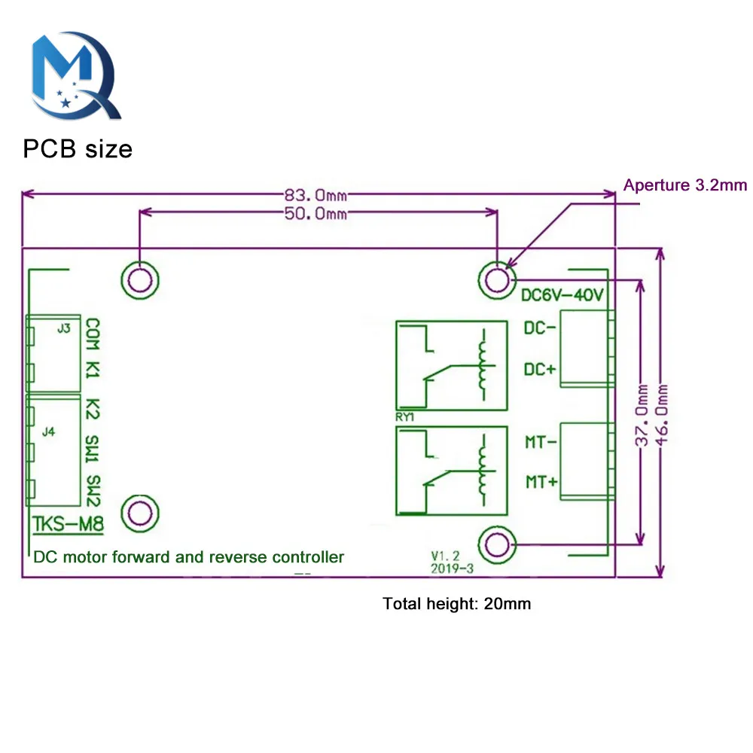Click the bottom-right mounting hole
(497, 543)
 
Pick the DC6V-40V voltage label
(562, 296)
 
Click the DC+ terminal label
(540, 370)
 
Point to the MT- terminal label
(541, 443)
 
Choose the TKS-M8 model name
(69, 525)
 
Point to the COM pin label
(93, 333)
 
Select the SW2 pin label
(93, 489)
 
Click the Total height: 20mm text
(457, 603)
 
